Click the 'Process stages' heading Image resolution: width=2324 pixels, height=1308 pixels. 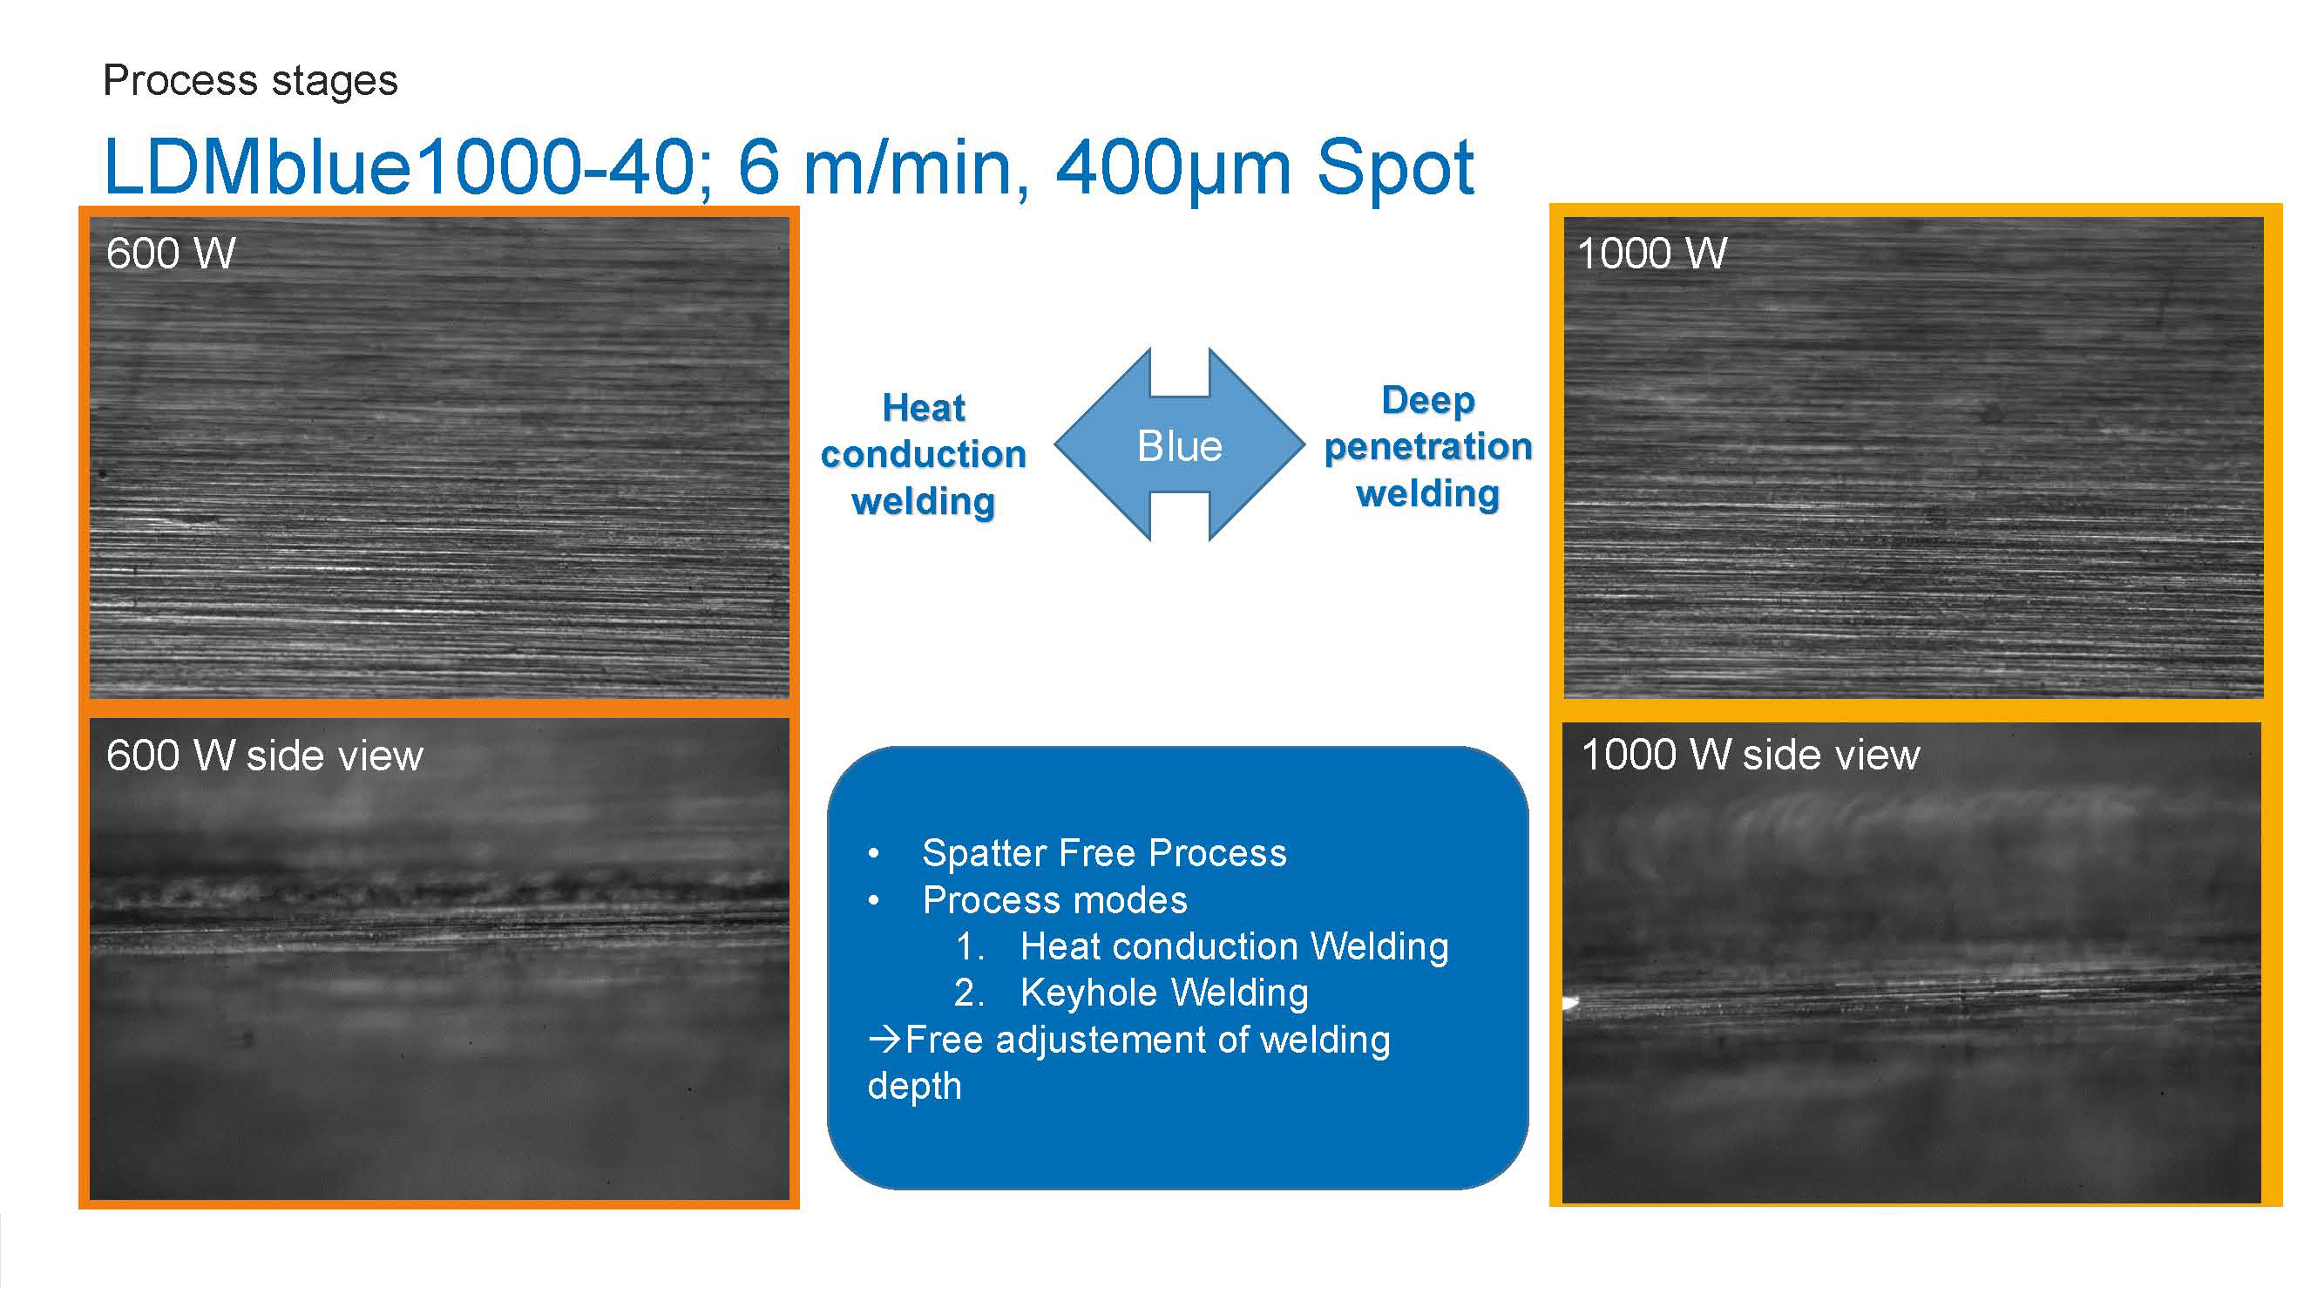250,81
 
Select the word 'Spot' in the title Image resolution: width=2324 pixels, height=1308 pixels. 1395,169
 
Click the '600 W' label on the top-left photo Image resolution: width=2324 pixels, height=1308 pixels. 171,254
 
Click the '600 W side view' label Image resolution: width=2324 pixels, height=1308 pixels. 264,755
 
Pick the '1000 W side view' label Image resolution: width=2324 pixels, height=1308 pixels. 1751,754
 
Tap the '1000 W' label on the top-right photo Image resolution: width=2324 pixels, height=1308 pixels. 1652,254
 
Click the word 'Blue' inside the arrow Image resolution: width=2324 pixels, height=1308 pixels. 1179,445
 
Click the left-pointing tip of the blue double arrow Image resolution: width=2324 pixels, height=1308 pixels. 1054,444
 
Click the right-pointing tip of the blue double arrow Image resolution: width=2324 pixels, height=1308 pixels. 1304,444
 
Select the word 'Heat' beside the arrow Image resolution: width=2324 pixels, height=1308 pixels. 923,408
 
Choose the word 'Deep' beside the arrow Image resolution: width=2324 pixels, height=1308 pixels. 1428,400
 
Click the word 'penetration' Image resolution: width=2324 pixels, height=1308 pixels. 1428,447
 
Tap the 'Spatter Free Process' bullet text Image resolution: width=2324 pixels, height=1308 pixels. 1104,852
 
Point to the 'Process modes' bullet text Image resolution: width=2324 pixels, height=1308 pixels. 1054,899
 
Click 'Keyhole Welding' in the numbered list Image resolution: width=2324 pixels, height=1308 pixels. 1164,993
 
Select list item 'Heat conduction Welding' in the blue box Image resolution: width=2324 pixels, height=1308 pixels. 1234,946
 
